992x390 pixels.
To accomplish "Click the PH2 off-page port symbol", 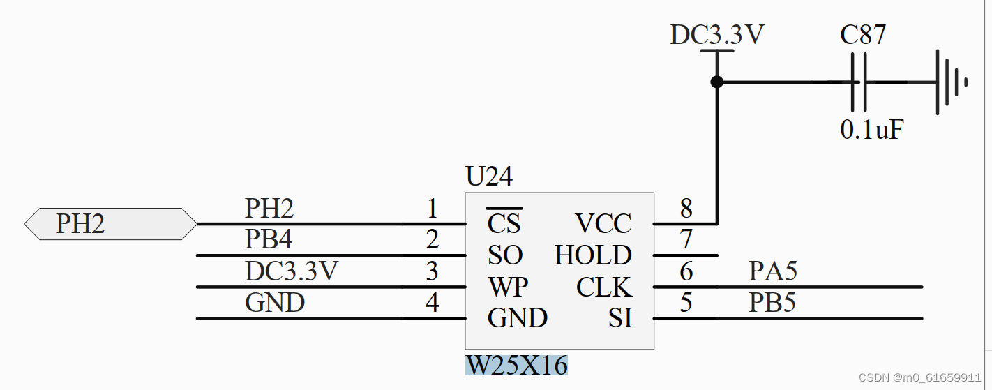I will click(110, 224).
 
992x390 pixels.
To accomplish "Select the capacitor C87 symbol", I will click(859, 82).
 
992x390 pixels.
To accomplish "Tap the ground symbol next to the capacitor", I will click(949, 82).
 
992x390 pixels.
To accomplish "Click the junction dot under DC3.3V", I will click(716, 82).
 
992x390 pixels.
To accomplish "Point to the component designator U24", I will click(489, 177).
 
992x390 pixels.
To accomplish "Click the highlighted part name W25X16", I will click(516, 365).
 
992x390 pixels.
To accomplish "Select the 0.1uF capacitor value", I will click(872, 130).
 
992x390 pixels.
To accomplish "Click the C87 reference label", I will click(863, 35).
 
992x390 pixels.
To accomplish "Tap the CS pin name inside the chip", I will click(504, 223).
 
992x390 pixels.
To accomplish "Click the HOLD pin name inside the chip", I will click(593, 255).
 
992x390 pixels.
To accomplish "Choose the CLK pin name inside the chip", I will click(603, 287).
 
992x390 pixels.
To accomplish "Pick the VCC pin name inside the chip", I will click(603, 223).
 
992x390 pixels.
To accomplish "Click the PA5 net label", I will click(772, 271).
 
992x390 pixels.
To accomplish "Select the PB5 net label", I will click(772, 303).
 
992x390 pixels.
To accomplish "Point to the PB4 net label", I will click(269, 239).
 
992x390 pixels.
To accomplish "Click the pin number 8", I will click(686, 208).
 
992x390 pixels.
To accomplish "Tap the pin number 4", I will click(433, 303).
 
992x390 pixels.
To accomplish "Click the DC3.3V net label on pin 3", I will click(292, 271).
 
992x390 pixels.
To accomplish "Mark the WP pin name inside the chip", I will click(507, 287).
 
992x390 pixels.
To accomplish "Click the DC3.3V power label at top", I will click(716, 35).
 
